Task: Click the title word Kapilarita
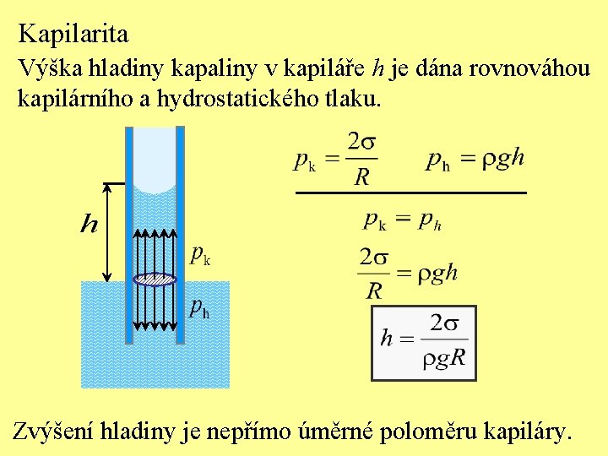pos(73,34)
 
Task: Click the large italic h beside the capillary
pos(89,225)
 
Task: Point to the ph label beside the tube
pos(200,308)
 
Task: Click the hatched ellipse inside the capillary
pos(155,280)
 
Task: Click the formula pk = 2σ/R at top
pos(335,158)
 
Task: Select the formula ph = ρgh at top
pos(475,158)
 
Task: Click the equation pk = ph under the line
pos(403,220)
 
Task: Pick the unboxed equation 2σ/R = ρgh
pos(408,273)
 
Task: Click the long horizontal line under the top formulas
pos(410,193)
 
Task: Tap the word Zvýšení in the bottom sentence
pos(52,432)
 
